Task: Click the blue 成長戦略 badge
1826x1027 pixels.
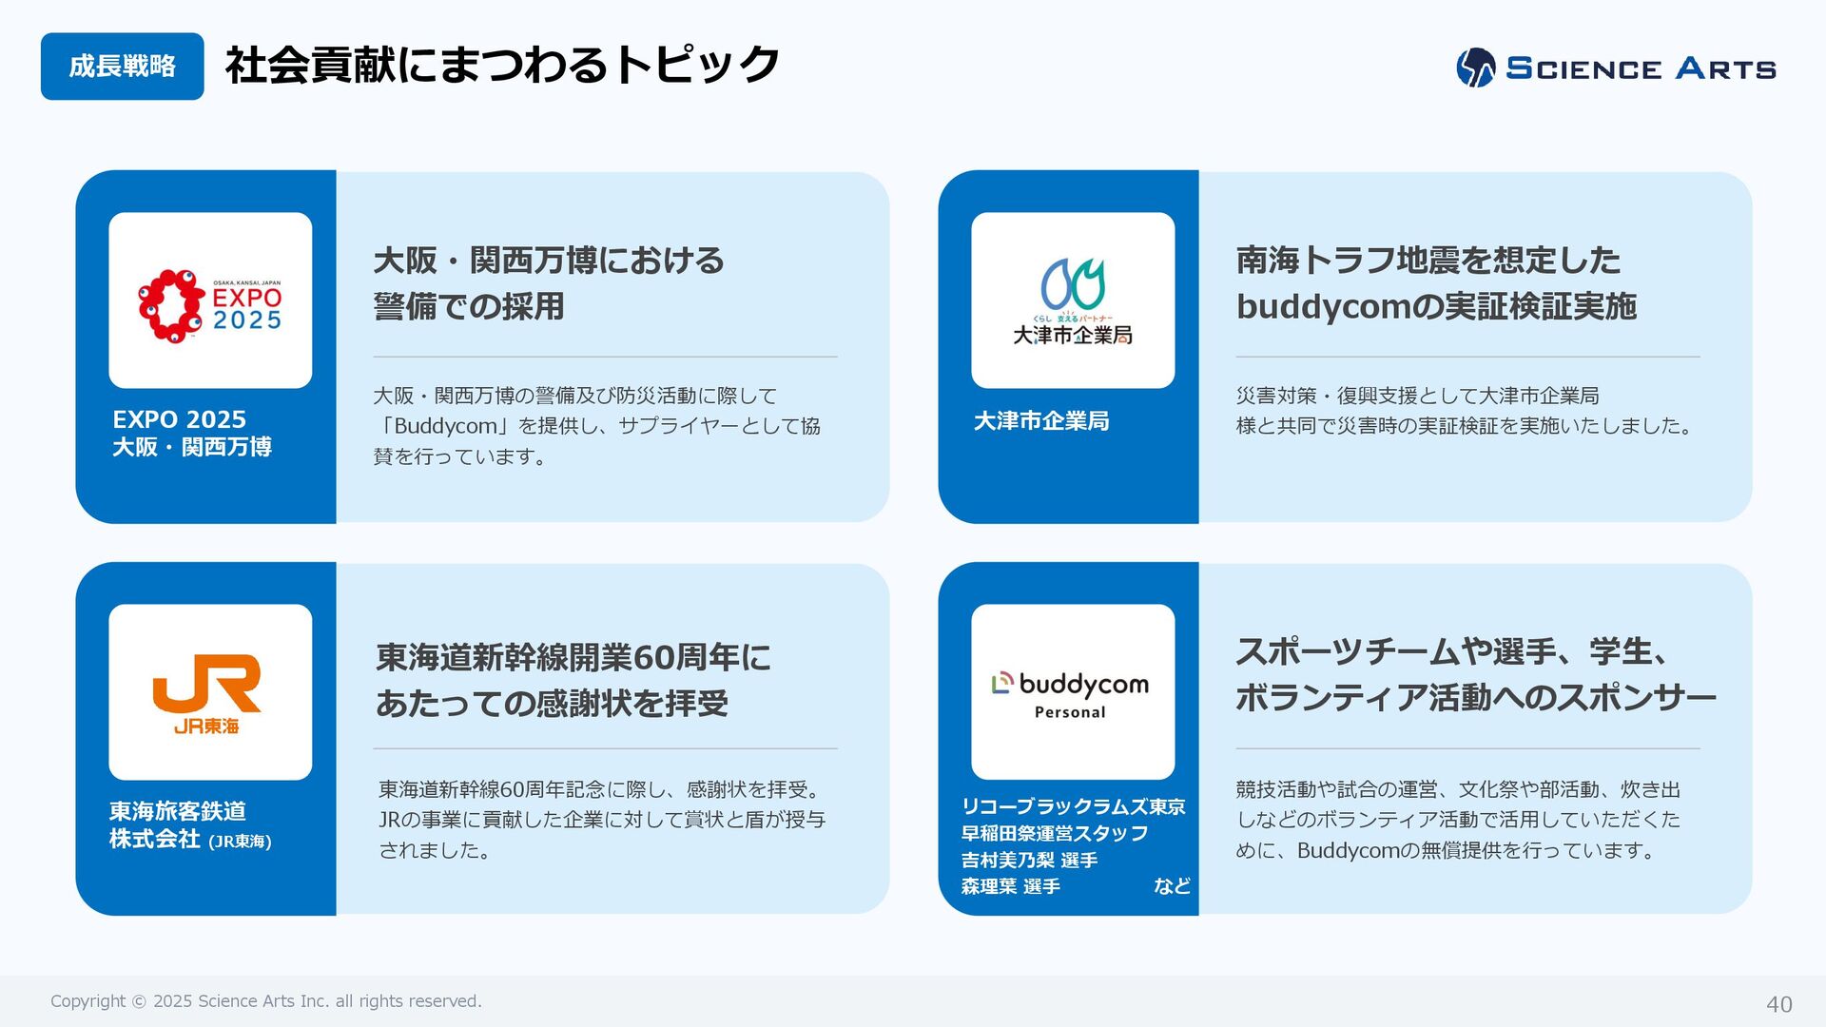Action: (x=122, y=67)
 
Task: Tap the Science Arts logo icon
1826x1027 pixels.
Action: (x=1475, y=68)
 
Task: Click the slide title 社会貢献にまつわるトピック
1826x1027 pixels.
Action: (x=502, y=65)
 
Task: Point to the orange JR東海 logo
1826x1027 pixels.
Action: (x=207, y=693)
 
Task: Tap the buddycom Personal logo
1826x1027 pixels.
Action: (x=1072, y=693)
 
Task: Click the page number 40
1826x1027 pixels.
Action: (x=1778, y=1004)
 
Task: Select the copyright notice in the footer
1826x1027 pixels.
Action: (x=266, y=1001)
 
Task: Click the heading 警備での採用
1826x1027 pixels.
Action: (x=469, y=306)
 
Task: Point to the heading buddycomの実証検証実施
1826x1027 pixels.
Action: (x=1436, y=306)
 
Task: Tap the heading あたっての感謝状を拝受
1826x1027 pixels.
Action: (x=552, y=703)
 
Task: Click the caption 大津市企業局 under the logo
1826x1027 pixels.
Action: (x=1041, y=421)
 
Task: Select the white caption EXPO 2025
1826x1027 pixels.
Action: (x=179, y=419)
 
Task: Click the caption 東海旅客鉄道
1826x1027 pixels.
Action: (x=178, y=811)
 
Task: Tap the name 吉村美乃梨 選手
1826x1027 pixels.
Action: (x=1029, y=860)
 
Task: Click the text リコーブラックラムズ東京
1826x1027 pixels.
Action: (x=1073, y=806)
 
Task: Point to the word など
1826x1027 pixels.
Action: (x=1172, y=886)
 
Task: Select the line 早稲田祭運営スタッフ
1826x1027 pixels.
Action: (x=1055, y=833)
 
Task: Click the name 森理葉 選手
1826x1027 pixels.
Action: (x=1010, y=886)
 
